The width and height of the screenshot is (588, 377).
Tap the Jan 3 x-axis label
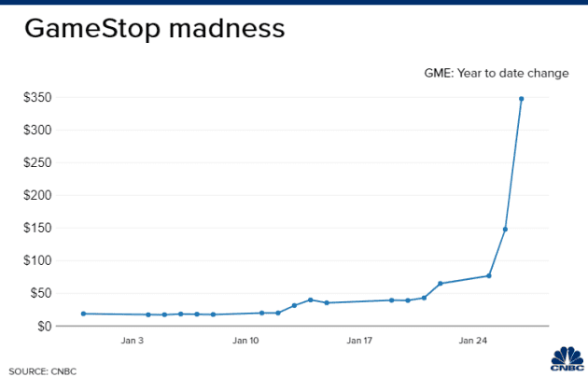(x=133, y=342)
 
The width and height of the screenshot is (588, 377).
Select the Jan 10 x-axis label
(x=247, y=342)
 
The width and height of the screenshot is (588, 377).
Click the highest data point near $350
(x=521, y=99)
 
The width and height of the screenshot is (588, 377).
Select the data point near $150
(x=505, y=229)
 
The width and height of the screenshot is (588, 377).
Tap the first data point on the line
(x=84, y=314)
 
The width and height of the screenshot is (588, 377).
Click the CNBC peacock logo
(x=566, y=359)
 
